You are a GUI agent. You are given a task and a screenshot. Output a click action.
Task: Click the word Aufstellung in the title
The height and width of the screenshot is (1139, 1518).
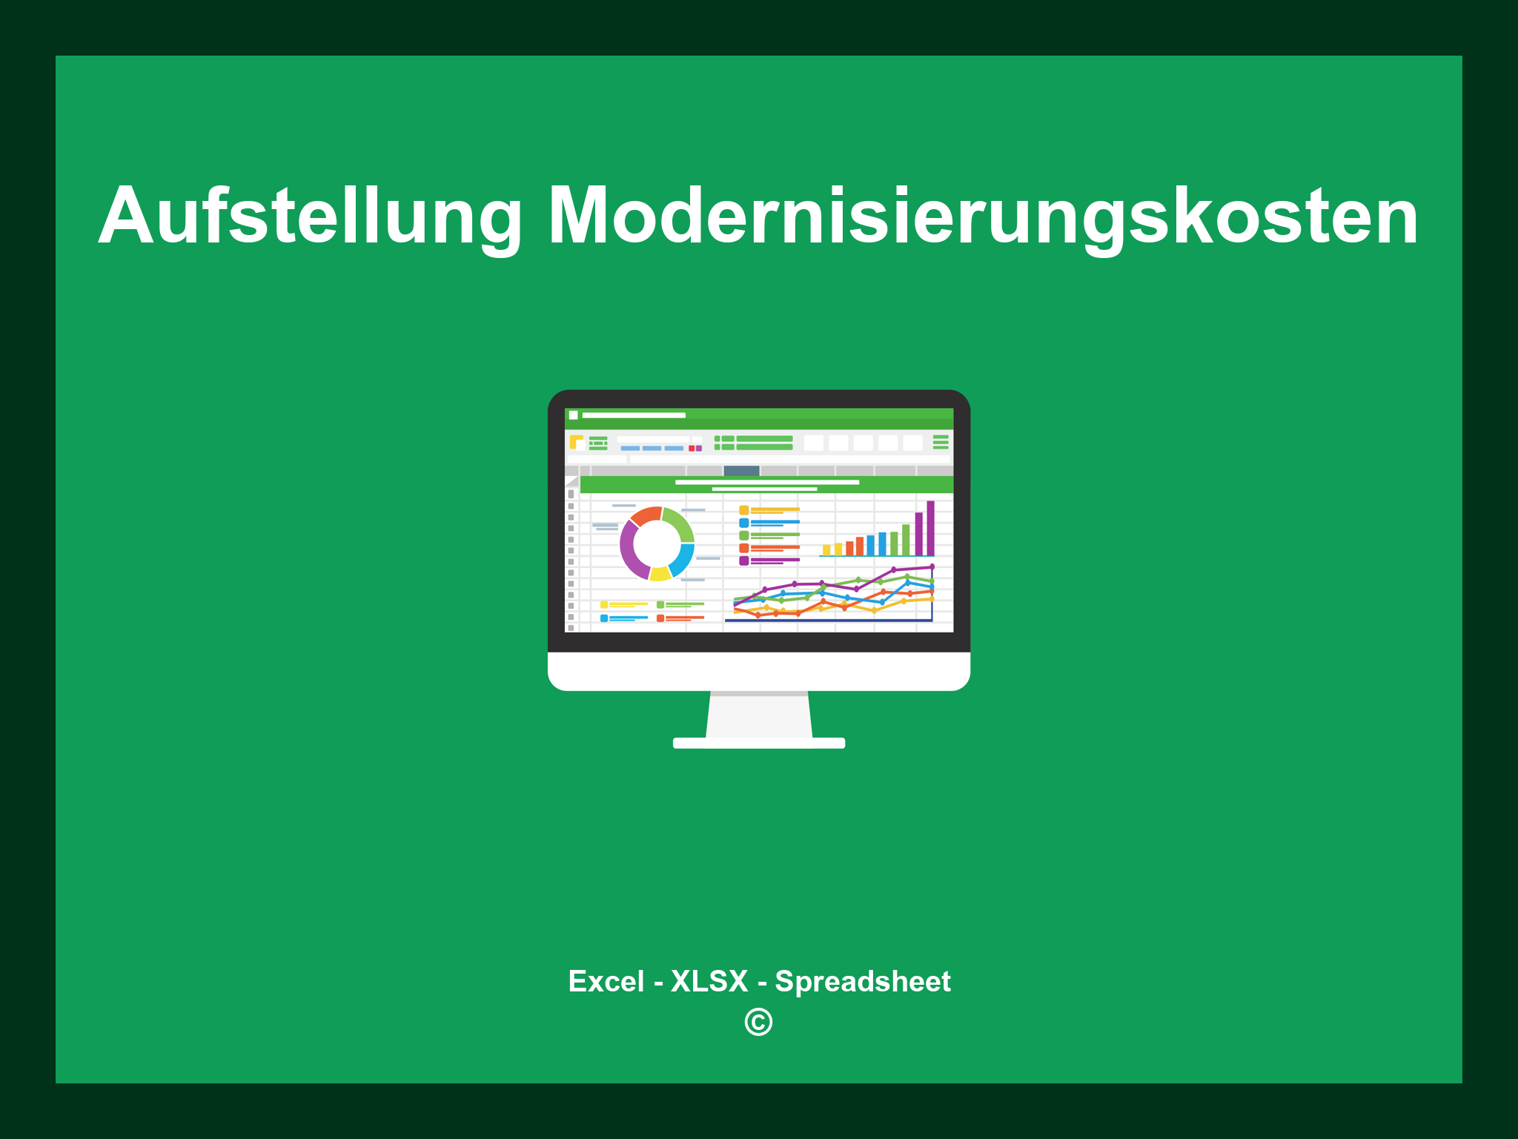click(x=311, y=217)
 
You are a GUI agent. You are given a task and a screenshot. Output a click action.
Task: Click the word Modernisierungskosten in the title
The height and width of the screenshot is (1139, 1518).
click(x=982, y=217)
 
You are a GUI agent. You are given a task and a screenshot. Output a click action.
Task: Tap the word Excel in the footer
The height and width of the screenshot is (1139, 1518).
click(x=606, y=981)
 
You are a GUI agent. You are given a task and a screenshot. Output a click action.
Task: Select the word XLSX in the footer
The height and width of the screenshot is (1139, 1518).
click(x=709, y=981)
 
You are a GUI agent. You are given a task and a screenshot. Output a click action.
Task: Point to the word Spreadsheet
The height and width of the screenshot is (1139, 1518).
click(x=862, y=981)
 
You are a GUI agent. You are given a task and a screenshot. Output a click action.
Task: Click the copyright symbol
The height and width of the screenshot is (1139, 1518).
click(x=758, y=1023)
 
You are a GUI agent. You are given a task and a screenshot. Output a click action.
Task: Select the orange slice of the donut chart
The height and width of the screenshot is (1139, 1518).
click(x=646, y=515)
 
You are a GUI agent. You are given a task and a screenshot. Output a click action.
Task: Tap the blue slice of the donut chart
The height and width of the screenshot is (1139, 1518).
click(x=683, y=560)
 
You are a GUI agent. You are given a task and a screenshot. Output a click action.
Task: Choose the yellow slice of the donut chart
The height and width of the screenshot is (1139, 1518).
click(x=660, y=574)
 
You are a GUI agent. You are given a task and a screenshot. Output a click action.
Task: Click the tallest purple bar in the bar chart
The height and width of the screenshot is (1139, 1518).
click(x=930, y=528)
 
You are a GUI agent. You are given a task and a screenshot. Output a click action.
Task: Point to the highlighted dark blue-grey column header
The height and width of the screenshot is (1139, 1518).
click(x=741, y=471)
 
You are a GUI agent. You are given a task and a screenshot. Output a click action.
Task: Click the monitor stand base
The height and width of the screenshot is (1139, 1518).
click(x=758, y=743)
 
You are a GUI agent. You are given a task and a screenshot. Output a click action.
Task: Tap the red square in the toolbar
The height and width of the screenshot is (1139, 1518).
click(x=692, y=449)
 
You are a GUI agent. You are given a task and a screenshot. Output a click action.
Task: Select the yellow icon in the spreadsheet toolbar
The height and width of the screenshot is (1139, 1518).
click(x=576, y=442)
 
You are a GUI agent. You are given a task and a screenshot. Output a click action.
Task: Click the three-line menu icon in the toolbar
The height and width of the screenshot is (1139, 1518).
click(x=941, y=442)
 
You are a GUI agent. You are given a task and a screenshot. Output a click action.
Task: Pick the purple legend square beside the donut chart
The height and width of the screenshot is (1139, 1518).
click(x=743, y=561)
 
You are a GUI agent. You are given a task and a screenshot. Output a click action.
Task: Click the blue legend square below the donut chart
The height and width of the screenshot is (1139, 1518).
click(x=604, y=618)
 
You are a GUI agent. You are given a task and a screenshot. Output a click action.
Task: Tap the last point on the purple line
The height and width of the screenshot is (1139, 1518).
click(x=932, y=567)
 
